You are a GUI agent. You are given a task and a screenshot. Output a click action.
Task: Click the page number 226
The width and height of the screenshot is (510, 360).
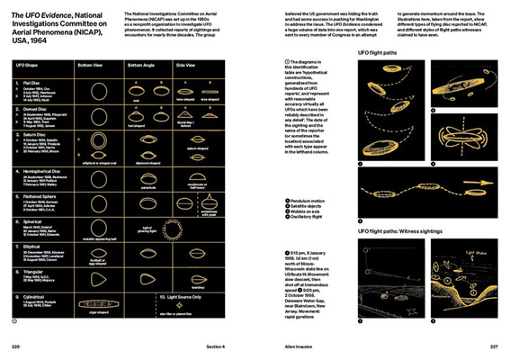15,345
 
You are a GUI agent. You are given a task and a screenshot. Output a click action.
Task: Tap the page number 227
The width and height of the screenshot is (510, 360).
494,345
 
